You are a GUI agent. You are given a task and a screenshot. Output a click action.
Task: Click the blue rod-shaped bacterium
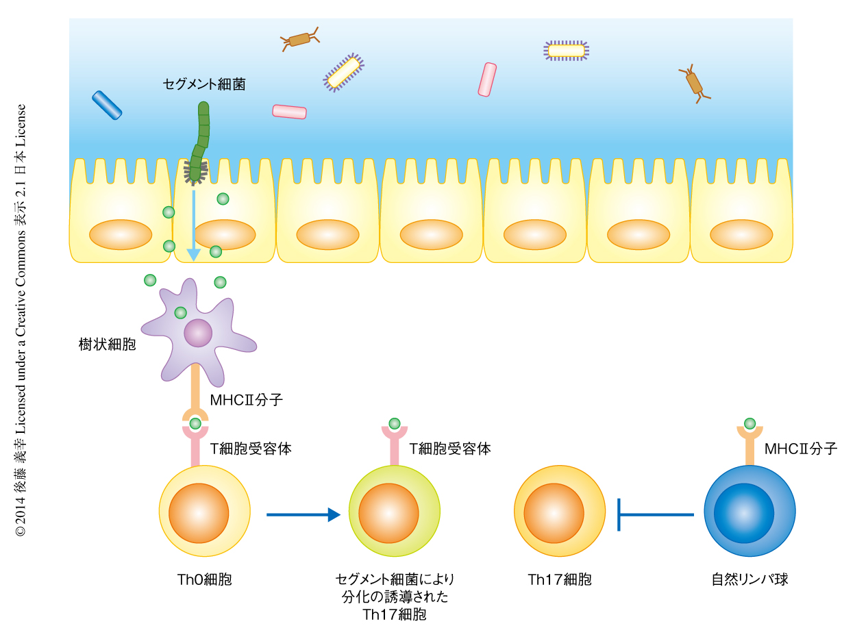pos(107,105)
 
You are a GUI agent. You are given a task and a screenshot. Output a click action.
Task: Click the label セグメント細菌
pos(203,84)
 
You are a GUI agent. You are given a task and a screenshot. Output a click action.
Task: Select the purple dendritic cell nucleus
pos(198,333)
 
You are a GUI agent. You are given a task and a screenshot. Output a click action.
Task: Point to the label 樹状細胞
pos(108,344)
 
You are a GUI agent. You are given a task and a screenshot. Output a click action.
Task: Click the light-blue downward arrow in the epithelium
pos(194,225)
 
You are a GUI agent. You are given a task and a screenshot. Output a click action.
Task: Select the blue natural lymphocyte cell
pos(749,512)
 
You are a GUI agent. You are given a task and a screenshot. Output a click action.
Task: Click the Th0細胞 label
pos(204,580)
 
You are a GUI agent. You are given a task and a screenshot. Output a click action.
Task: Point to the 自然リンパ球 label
pos(749,580)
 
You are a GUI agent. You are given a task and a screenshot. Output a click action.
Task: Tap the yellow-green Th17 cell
pos(394,512)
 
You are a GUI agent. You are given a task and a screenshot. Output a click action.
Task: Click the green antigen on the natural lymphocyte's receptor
pos(749,423)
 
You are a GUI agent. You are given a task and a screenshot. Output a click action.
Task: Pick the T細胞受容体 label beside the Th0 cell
pos(251,449)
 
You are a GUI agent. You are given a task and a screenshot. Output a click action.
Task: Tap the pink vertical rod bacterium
pos(487,79)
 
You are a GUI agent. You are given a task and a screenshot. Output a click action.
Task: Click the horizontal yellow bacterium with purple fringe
pos(567,51)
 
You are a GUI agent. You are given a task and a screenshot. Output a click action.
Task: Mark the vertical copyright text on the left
pos(22,319)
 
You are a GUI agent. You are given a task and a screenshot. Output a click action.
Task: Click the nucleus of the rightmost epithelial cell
pos(741,234)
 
